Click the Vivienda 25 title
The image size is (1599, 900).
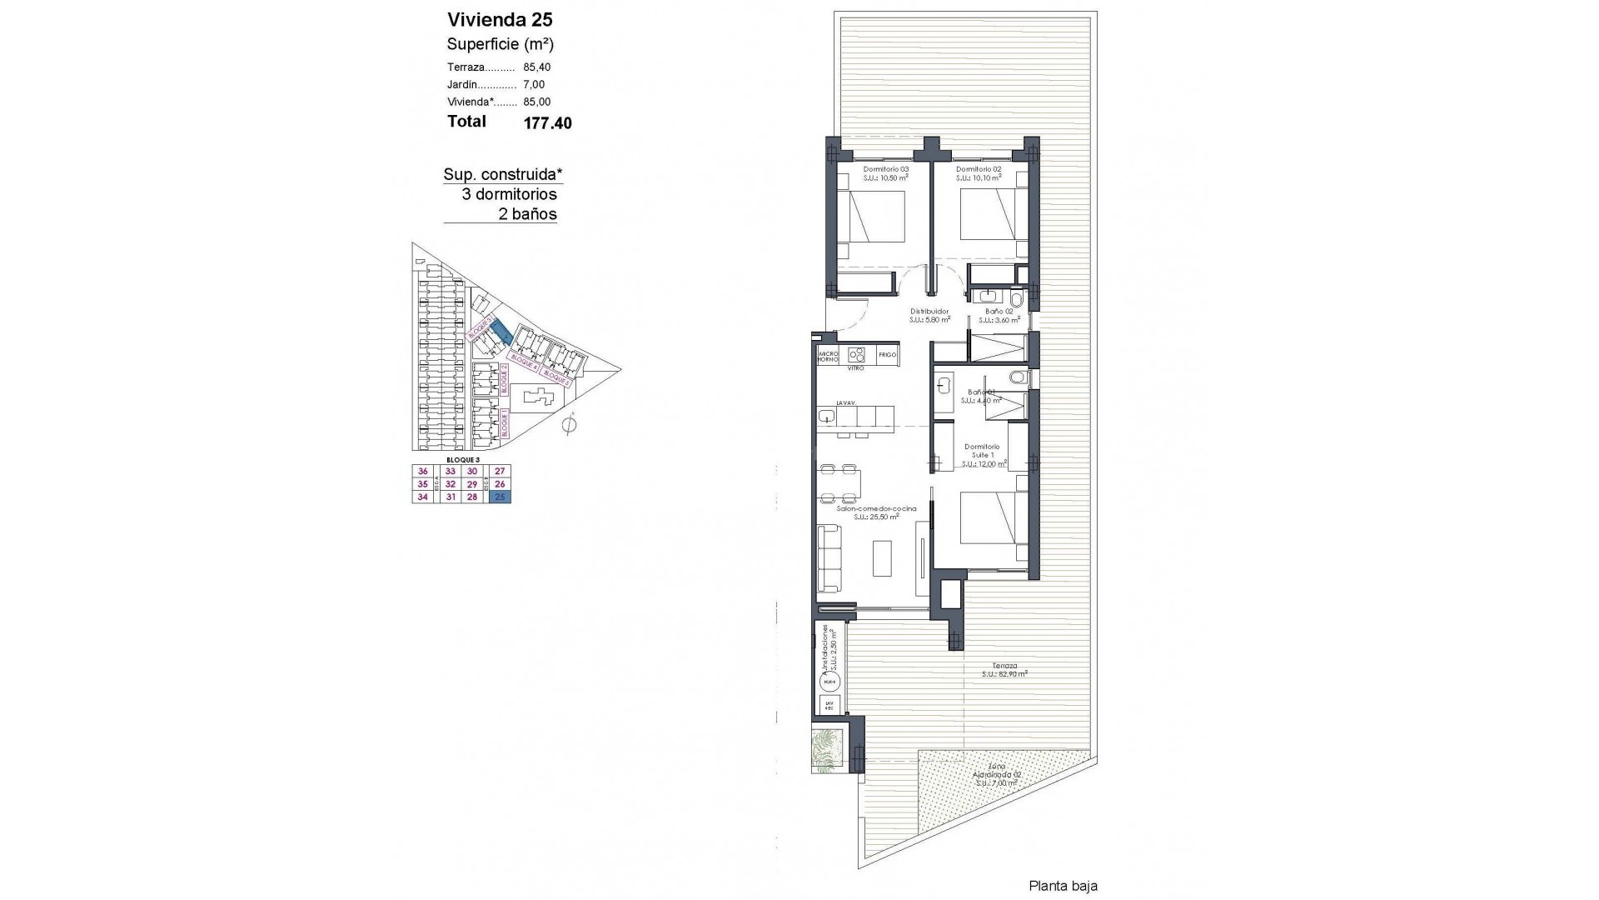[500, 20]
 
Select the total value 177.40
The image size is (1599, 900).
[547, 123]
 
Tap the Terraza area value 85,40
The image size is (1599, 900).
[536, 67]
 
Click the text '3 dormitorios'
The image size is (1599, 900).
[509, 194]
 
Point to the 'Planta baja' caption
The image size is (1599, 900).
[1063, 886]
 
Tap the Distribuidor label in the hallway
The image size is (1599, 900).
[929, 312]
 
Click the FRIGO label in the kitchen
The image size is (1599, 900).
[887, 355]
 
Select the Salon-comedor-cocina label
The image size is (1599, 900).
[875, 508]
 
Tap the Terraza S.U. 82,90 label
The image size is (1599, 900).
[1004, 669]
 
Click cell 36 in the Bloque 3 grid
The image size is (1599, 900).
[422, 471]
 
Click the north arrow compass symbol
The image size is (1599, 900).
[569, 426]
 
